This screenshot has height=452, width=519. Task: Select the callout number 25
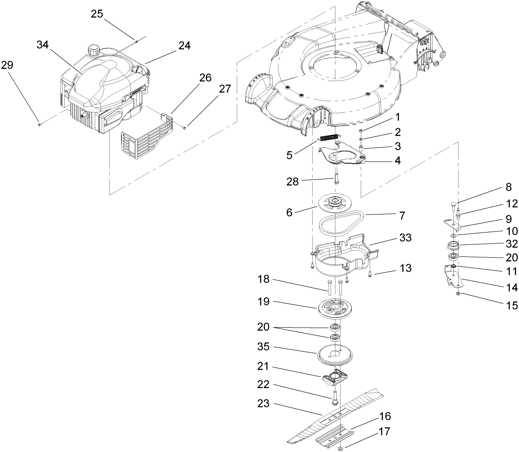point(97,14)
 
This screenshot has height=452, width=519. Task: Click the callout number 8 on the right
point(508,187)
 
